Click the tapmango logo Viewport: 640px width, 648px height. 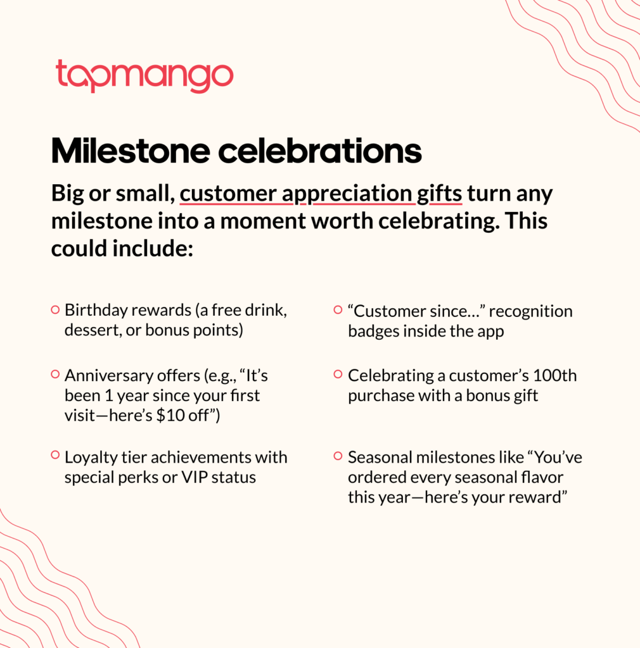tap(144, 76)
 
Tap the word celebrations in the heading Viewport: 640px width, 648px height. tap(320, 151)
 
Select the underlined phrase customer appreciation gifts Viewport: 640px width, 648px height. tap(321, 194)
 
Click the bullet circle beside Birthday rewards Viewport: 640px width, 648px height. tap(55, 309)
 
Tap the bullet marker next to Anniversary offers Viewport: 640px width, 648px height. tap(55, 375)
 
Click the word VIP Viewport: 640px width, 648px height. tap(195, 477)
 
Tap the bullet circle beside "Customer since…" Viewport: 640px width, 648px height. tap(338, 309)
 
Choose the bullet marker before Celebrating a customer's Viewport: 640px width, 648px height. tap(338, 375)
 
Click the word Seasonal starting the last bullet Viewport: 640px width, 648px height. tap(380, 458)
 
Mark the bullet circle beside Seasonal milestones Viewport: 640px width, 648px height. tap(338, 456)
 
